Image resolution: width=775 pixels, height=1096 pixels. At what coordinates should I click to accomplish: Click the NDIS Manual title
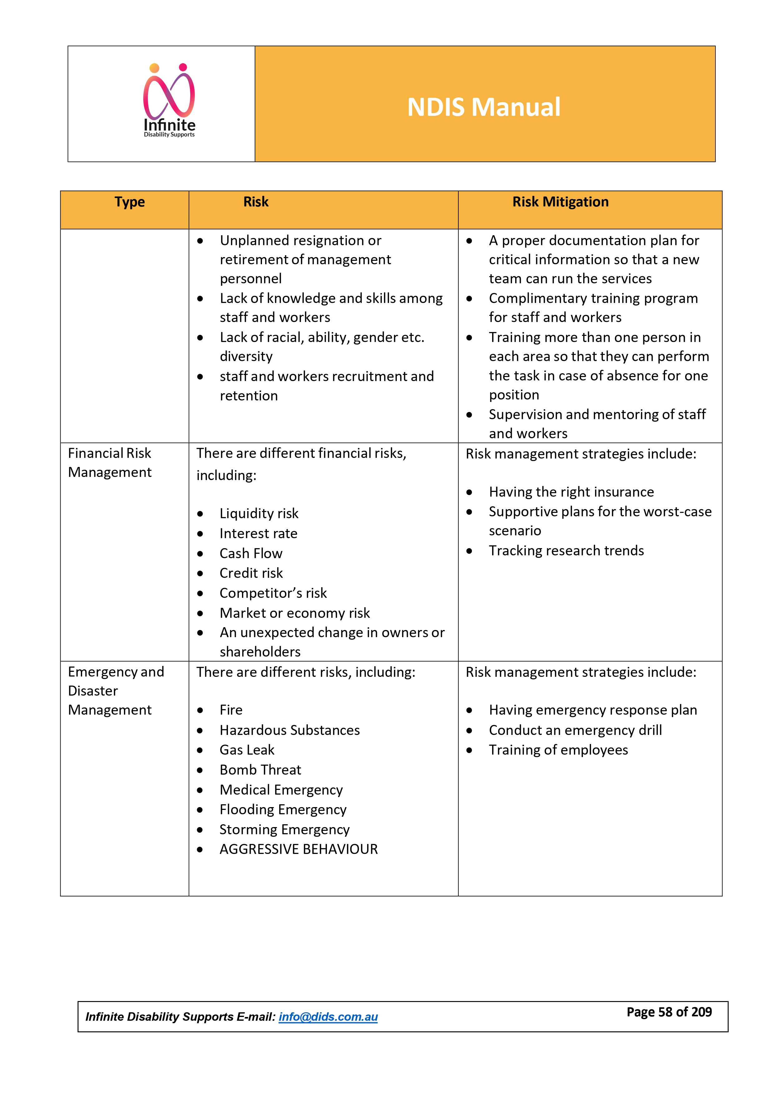click(x=483, y=107)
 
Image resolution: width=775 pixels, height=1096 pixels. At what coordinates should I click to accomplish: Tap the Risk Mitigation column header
click(x=560, y=202)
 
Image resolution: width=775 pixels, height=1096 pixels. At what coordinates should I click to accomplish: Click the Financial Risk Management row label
click(x=110, y=463)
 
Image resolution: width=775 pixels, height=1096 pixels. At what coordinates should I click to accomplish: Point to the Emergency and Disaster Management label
click(x=116, y=691)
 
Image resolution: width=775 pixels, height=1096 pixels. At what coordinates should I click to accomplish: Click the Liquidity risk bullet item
click(x=259, y=513)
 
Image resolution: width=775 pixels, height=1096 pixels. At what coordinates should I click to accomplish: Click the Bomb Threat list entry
click(x=260, y=770)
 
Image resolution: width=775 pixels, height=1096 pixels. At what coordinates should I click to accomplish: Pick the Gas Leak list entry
click(x=247, y=750)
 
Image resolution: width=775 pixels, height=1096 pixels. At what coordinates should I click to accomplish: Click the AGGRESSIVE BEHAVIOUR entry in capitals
click(x=298, y=849)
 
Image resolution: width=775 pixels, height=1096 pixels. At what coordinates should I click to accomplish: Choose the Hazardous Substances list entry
click(x=290, y=730)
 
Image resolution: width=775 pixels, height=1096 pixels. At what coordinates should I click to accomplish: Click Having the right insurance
click(x=571, y=492)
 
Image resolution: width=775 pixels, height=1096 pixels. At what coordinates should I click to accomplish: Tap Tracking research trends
click(x=566, y=551)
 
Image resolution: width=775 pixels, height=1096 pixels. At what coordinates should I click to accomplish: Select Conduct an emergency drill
click(x=575, y=730)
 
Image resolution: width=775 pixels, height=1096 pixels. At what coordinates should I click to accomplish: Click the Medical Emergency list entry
click(x=281, y=790)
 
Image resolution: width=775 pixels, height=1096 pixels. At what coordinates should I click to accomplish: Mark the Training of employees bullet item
click(x=558, y=750)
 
